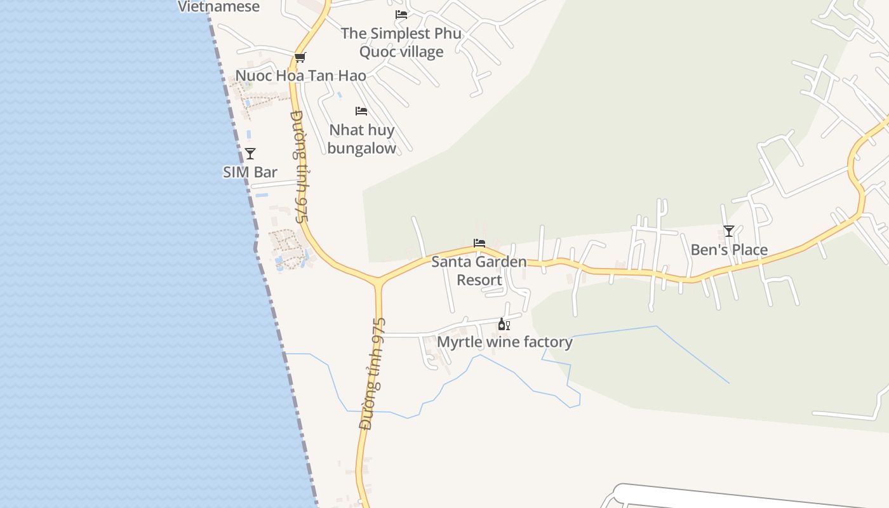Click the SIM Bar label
[250, 172]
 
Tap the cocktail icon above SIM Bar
[250, 153]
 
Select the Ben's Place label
[729, 250]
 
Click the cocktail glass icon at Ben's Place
[729, 231]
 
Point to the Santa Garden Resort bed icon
[479, 243]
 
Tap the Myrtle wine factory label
[505, 342]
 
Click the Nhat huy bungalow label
[362, 139]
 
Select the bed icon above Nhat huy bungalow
[361, 111]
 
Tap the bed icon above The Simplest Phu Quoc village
[401, 15]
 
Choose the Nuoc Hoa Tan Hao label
[300, 76]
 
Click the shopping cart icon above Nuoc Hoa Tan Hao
[300, 58]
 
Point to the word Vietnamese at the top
[218, 7]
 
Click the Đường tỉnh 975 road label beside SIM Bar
[299, 166]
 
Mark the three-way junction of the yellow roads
[378, 280]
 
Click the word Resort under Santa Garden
[479, 280]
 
